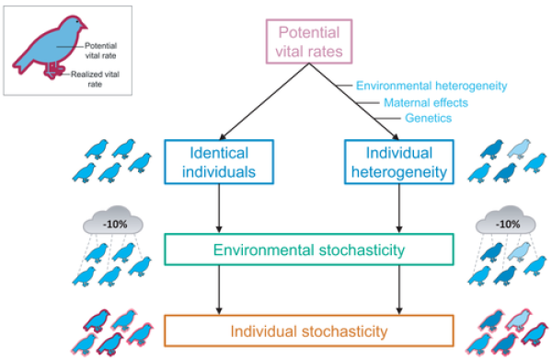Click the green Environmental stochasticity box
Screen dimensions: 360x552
click(309, 250)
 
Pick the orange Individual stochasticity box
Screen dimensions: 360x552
click(309, 329)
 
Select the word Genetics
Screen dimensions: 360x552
click(426, 119)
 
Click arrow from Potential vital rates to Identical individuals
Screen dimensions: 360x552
click(263, 103)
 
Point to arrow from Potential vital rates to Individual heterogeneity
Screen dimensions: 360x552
click(354, 103)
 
